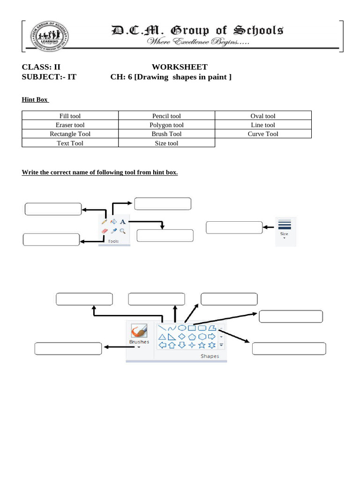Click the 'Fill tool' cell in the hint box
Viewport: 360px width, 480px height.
coord(70,116)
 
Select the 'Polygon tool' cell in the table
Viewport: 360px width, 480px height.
coord(166,125)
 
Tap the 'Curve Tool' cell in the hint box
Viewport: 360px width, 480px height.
coord(263,134)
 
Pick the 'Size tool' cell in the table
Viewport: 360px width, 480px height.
coord(166,143)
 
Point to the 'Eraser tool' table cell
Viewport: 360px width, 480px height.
coord(70,125)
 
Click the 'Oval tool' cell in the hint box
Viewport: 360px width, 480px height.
coord(263,116)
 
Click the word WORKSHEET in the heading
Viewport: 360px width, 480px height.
coord(180,67)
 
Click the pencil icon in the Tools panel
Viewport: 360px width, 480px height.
coord(104,222)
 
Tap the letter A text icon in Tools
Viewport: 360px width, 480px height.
coord(123,222)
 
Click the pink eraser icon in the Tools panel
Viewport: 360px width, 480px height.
coord(104,231)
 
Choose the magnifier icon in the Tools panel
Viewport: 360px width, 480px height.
coord(122,231)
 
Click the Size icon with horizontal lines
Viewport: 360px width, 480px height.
coord(285,225)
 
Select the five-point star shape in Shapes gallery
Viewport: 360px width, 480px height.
coord(202,345)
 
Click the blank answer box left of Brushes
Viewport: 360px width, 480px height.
coord(68,348)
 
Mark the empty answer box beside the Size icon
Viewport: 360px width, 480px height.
coord(234,227)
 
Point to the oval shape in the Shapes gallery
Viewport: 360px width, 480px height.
coord(182,328)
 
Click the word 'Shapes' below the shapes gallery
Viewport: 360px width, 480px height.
coord(210,356)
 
